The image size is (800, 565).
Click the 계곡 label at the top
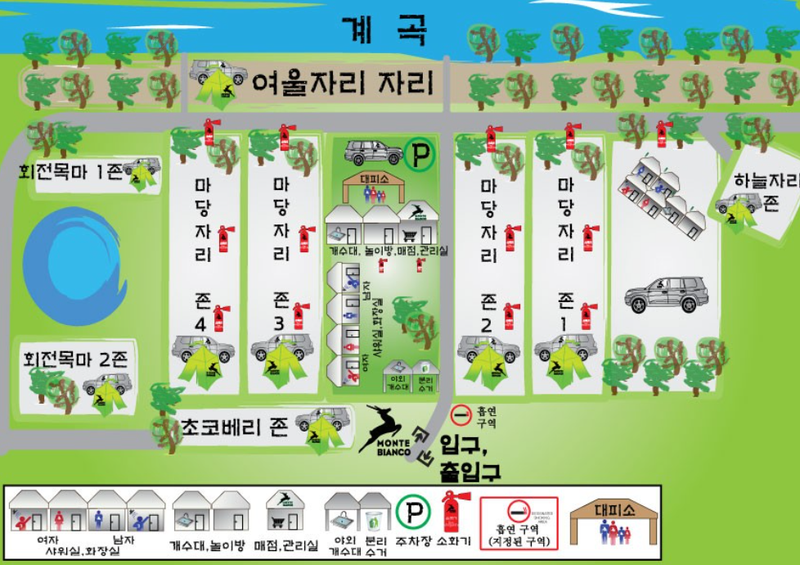coord(384,30)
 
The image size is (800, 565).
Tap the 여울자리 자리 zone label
coord(342,84)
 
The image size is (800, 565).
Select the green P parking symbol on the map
coord(420,153)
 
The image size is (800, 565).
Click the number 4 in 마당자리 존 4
coord(200,324)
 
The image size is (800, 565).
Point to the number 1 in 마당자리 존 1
coord(564,324)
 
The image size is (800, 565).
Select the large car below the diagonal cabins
coord(667,294)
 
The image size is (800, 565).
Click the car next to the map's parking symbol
coord(373,151)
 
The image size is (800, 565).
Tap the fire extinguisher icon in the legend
coord(451,513)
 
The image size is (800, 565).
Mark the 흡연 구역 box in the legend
coord(519,522)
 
